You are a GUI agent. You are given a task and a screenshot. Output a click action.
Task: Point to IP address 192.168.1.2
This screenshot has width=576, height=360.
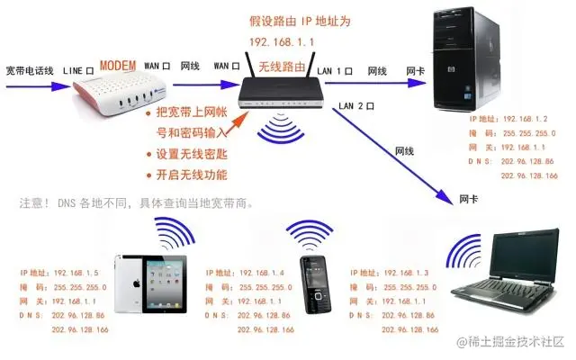coord(526,119)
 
